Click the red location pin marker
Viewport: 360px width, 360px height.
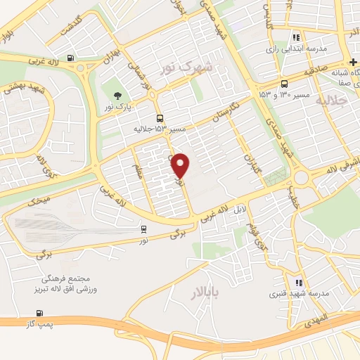(181, 165)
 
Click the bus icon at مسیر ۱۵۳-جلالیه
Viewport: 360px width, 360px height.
(161, 118)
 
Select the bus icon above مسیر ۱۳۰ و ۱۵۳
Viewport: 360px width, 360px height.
(283, 82)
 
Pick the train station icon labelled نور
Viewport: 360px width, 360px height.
(144, 229)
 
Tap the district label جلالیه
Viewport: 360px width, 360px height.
(333, 102)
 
